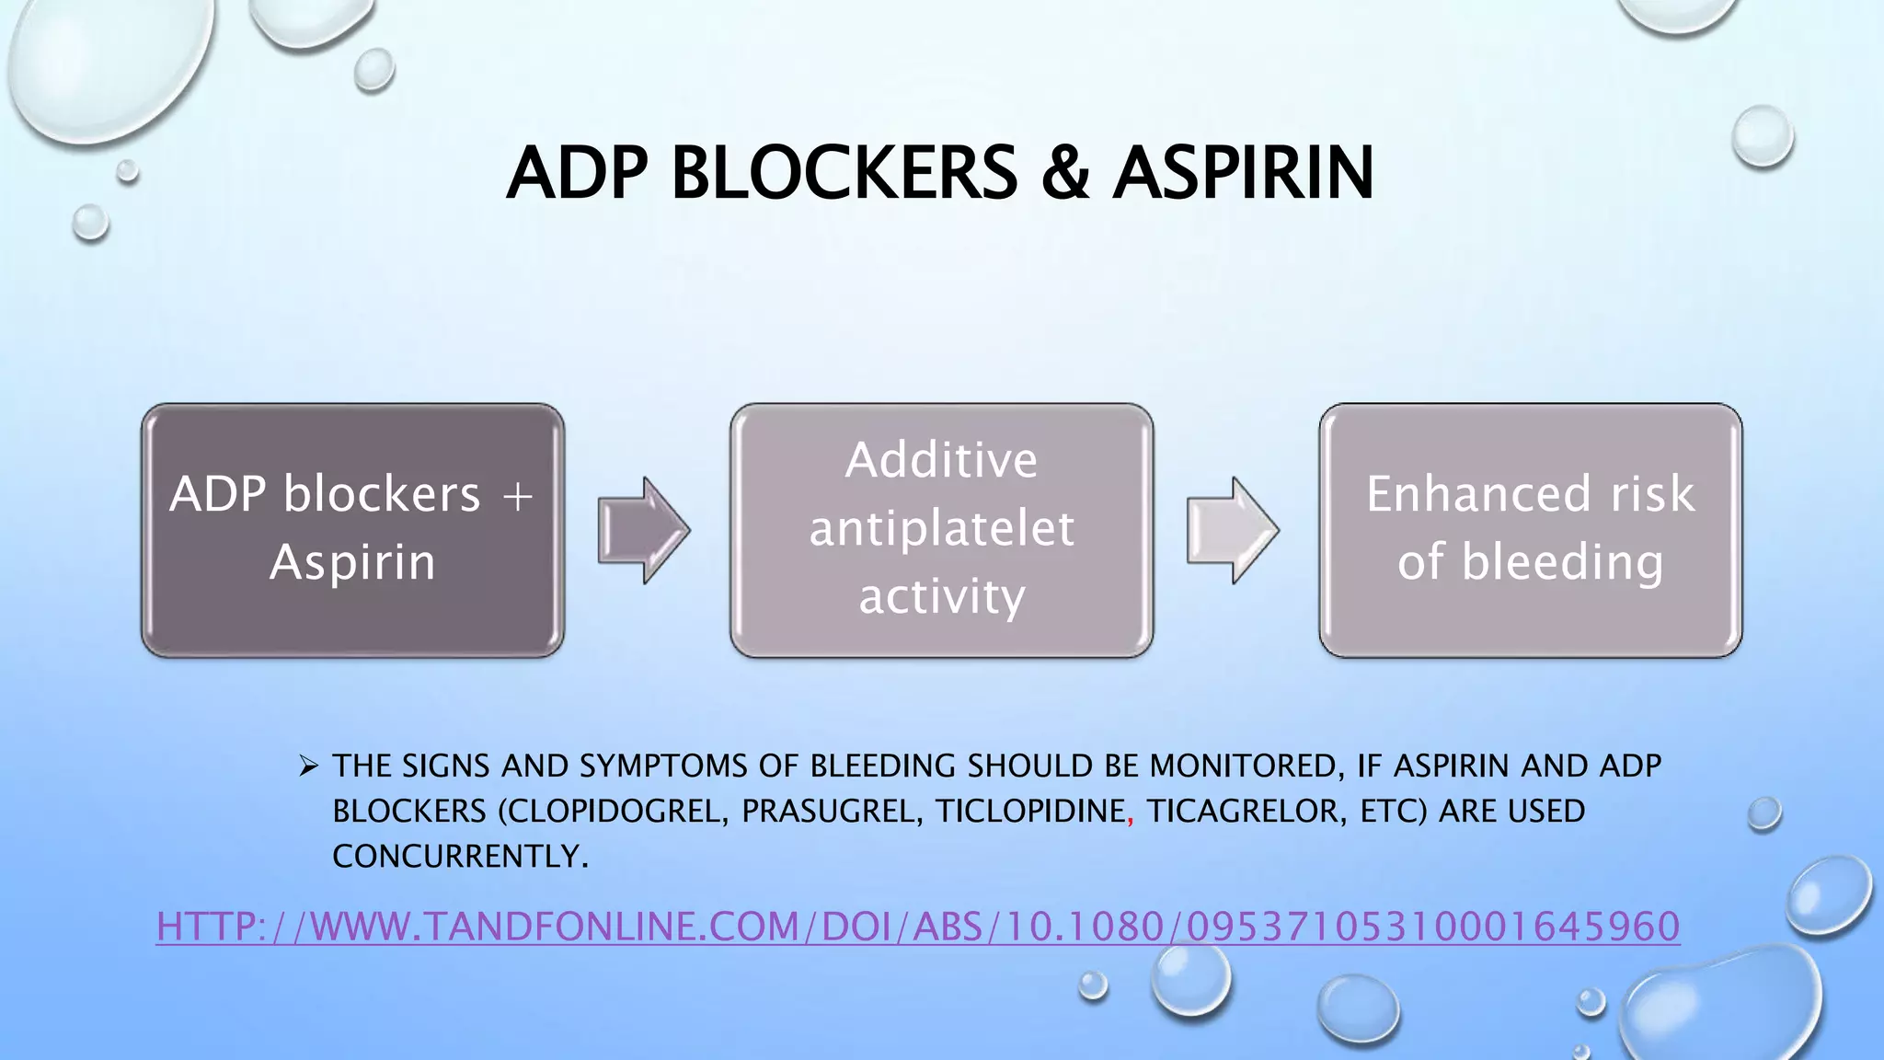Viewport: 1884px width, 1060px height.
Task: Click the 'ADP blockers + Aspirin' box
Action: [x=352, y=530]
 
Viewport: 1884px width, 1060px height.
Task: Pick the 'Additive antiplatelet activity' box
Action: [x=941, y=530]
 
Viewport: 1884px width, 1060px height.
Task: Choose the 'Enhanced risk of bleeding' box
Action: [x=1530, y=530]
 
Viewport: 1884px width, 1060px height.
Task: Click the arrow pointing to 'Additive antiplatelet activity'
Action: [x=643, y=530]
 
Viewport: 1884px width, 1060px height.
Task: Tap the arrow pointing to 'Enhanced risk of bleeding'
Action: [x=1232, y=530]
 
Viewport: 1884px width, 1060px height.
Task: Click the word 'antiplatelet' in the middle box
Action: [x=941, y=528]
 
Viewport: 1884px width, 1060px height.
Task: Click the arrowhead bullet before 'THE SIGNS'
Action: [x=308, y=765]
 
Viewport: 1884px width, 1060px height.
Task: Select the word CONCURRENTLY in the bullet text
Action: [x=457, y=857]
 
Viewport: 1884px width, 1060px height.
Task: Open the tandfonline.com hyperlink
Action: [x=918, y=926]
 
